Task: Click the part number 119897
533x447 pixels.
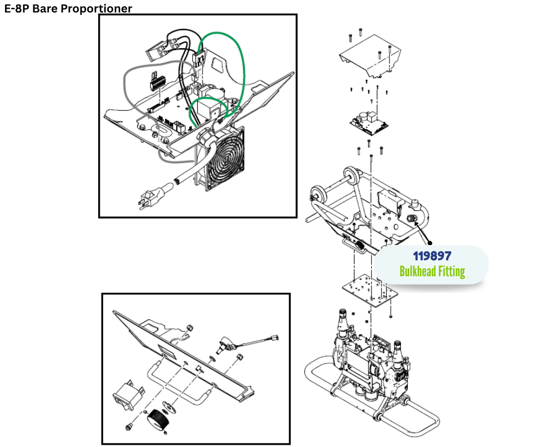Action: pyautogui.click(x=432, y=256)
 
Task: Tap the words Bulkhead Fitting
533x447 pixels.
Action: pyautogui.click(x=432, y=271)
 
